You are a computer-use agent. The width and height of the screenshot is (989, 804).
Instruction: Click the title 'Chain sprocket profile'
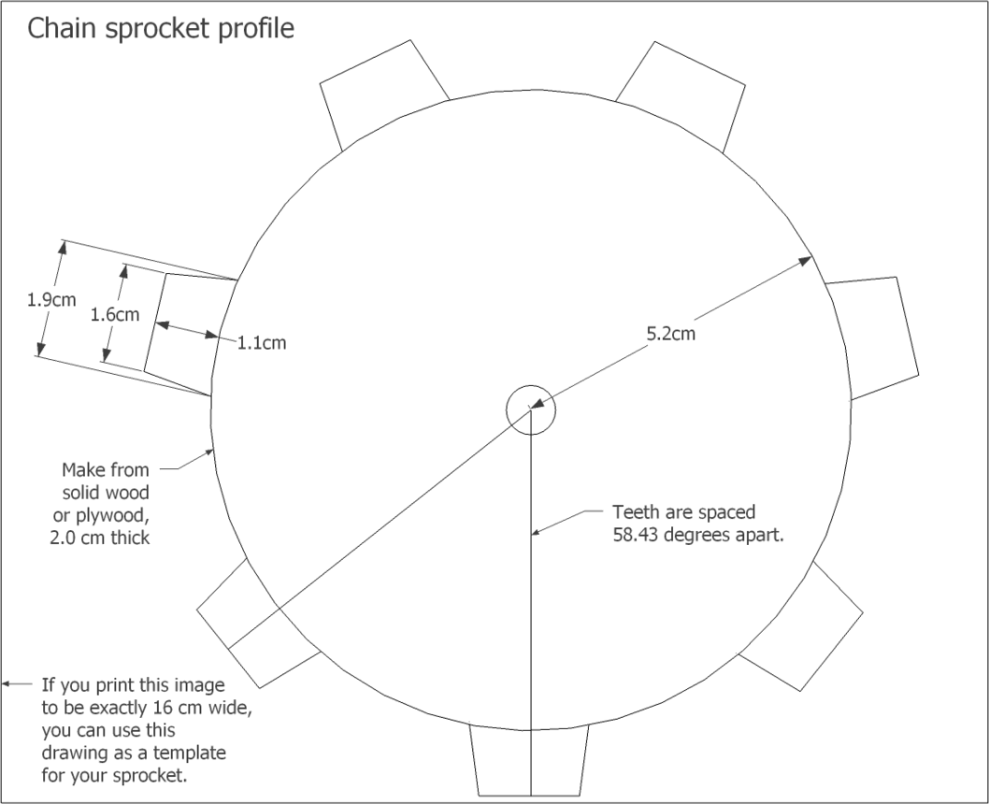pyautogui.click(x=161, y=29)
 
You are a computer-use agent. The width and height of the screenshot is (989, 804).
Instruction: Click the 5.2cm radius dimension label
pyautogui.click(x=670, y=333)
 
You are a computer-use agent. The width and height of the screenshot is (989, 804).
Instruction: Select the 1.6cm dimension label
pyautogui.click(x=115, y=315)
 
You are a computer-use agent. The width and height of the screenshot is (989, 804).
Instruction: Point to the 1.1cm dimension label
pyautogui.click(x=261, y=342)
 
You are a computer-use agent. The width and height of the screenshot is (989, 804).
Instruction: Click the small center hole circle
pyautogui.click(x=530, y=409)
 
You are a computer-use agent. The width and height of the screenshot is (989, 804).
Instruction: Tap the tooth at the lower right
pyautogui.click(x=803, y=625)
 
